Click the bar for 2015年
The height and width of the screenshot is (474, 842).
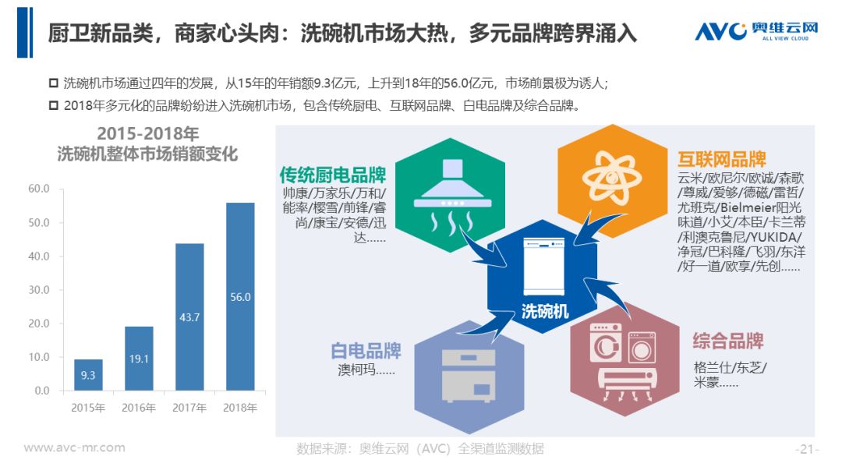point(88,375)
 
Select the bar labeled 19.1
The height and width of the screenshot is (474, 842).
point(139,358)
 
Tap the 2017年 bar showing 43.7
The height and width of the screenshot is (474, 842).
point(189,317)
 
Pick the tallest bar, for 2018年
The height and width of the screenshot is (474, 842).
point(240,296)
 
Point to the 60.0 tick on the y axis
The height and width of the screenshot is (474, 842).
point(39,189)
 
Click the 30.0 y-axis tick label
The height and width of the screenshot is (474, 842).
point(39,290)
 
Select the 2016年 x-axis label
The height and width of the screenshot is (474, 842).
point(139,408)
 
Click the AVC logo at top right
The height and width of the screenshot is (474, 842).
point(756,31)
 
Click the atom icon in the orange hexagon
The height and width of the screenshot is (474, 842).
point(612,178)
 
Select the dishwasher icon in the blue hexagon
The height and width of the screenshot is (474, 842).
point(544,267)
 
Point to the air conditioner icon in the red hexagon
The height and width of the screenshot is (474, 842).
point(627,385)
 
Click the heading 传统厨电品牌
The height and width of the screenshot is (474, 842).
point(333,175)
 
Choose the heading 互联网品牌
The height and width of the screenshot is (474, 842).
point(722,159)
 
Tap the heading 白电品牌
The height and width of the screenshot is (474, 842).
point(366,351)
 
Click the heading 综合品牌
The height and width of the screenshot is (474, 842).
point(727,341)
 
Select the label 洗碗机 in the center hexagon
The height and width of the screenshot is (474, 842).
point(544,311)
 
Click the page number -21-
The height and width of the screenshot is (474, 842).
point(807,449)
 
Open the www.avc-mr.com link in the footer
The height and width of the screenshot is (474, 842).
point(74,447)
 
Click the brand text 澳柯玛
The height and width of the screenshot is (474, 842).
point(356,370)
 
